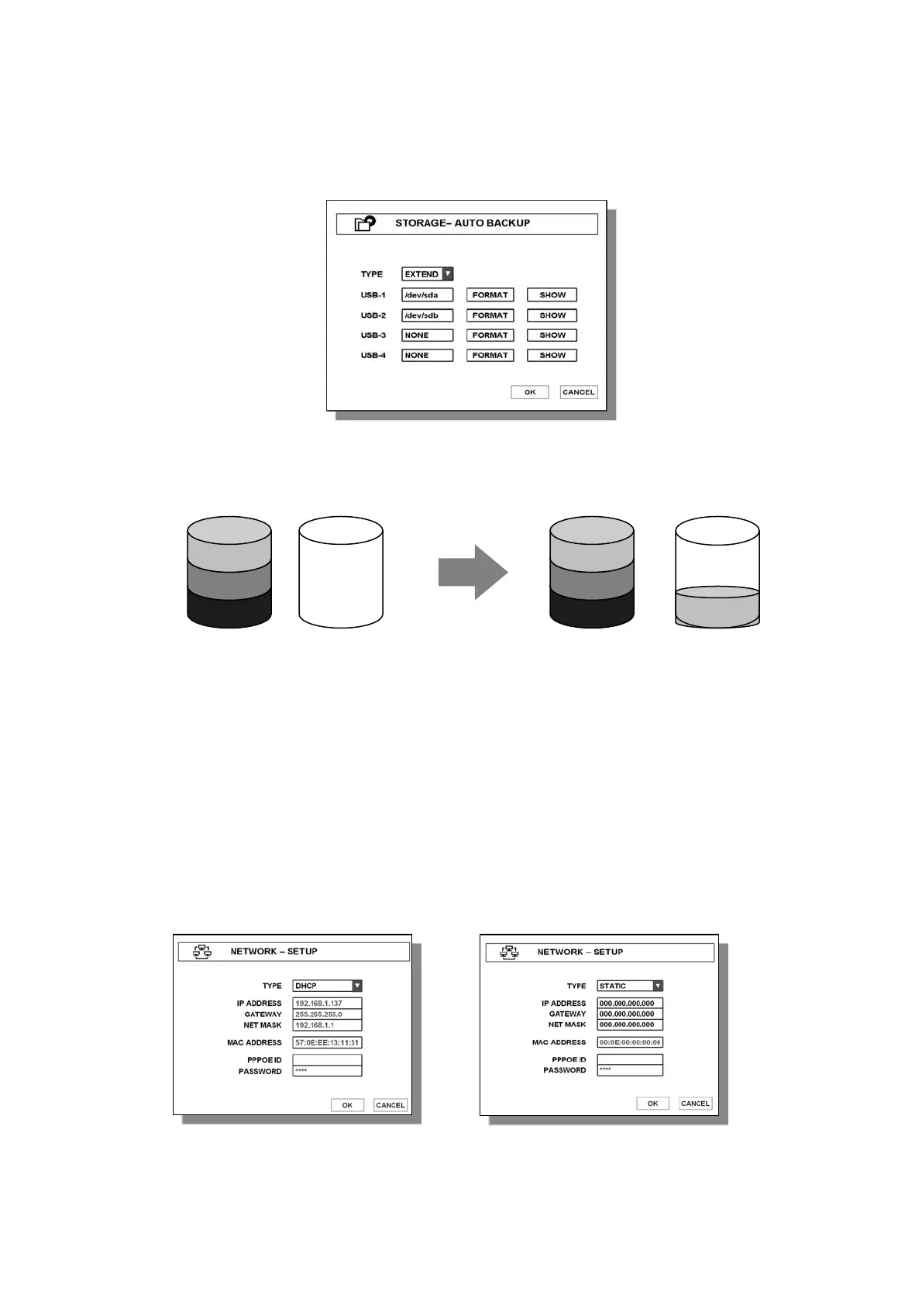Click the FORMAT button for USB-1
490,295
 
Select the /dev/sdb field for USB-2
427,315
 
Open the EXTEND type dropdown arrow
448,274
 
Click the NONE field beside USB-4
427,356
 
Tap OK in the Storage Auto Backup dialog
530,392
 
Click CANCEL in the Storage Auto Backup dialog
579,392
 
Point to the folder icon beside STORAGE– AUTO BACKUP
365,224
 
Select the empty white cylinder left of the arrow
341,573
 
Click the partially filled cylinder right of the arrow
717,573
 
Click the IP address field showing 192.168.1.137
327,1004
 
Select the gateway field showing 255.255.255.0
327,1014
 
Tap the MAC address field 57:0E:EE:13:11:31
327,1043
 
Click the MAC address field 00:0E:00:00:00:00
630,1042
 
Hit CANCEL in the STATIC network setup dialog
695,1104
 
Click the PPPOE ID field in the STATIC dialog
630,1059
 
